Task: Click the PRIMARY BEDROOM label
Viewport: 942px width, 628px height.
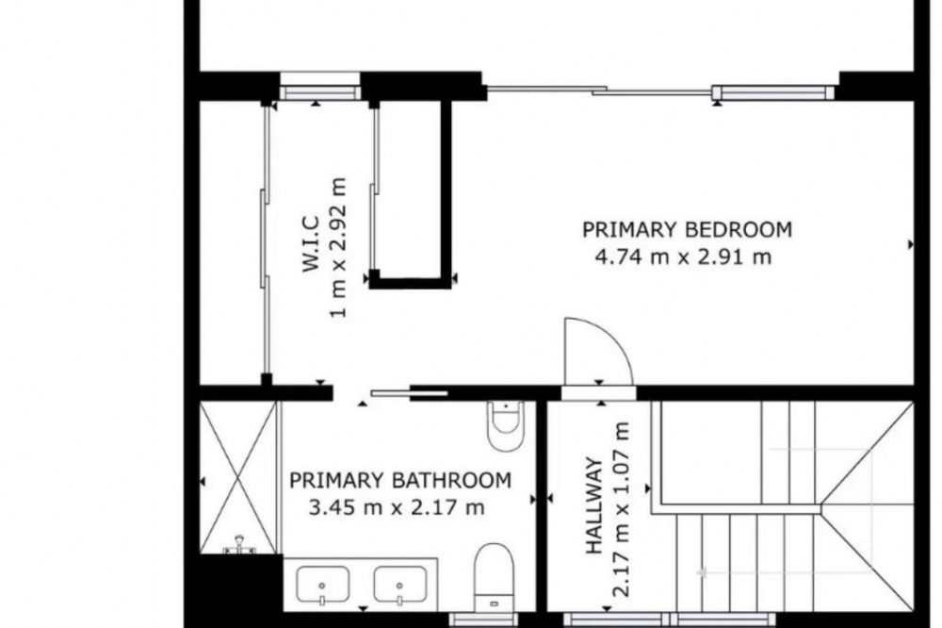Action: pyautogui.click(x=688, y=229)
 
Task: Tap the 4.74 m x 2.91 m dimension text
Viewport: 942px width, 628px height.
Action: pyautogui.click(x=683, y=256)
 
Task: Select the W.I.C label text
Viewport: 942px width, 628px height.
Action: pyautogui.click(x=310, y=243)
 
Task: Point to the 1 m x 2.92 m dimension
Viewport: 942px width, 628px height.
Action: pyautogui.click(x=338, y=247)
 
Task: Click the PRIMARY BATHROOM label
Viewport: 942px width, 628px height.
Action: pyautogui.click(x=400, y=480)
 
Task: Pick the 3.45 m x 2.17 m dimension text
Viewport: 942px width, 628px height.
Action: pyautogui.click(x=397, y=507)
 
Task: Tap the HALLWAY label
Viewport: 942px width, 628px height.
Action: pyautogui.click(x=593, y=505)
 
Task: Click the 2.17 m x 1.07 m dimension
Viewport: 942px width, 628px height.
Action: pyautogui.click(x=621, y=509)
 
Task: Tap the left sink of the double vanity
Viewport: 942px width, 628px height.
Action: pyautogui.click(x=322, y=585)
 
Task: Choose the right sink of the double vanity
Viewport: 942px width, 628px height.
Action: pyautogui.click(x=400, y=585)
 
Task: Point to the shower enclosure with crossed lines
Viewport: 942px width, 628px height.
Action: pyautogui.click(x=238, y=477)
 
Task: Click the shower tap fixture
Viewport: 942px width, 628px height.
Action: pyautogui.click(x=239, y=544)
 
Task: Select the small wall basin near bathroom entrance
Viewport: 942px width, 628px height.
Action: pyautogui.click(x=505, y=425)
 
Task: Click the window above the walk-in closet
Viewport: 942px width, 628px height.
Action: pyautogui.click(x=320, y=86)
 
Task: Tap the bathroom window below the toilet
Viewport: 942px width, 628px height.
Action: pyautogui.click(x=483, y=620)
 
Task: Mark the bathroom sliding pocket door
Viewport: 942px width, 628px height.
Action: pyautogui.click(x=410, y=393)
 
